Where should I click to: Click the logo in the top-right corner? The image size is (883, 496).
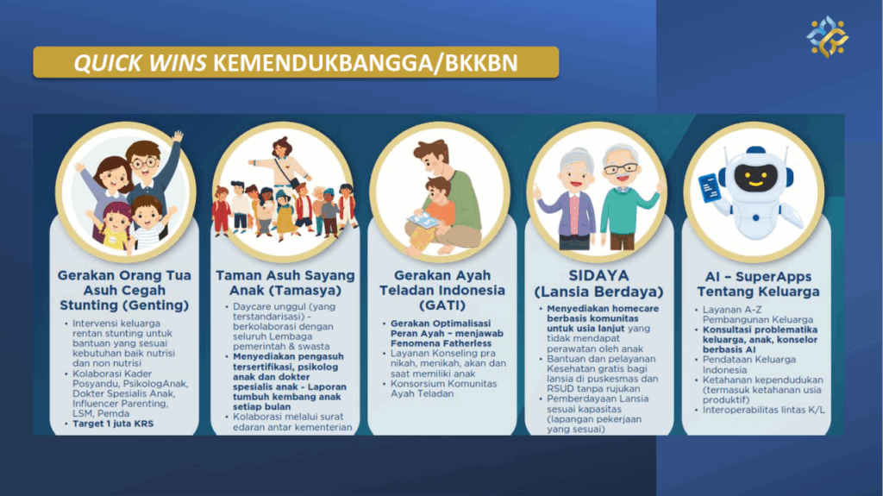pos(827,36)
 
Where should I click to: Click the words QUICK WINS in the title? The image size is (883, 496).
pos(141,63)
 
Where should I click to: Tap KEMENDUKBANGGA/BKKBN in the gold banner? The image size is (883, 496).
pos(366,63)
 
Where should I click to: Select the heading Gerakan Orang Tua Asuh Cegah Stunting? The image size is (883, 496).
pos(124,291)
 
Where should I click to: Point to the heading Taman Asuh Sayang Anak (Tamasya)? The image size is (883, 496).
pos(285,283)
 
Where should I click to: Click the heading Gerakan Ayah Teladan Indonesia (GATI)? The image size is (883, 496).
pos(442,291)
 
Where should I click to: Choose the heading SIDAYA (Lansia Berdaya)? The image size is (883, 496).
pos(598,284)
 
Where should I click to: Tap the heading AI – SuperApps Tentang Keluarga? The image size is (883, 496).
pos(758,284)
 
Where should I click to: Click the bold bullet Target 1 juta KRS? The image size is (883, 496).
pos(113,424)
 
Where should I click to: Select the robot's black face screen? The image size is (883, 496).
pos(755,177)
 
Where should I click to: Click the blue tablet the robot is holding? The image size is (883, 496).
pos(710,188)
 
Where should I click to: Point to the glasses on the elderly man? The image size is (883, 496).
pos(621,168)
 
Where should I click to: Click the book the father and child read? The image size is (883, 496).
pos(423,220)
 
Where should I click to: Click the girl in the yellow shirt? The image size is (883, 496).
pos(115,225)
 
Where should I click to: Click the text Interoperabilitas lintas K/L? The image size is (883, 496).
pos(763,410)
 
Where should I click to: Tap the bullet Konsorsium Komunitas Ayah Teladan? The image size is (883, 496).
pos(443,388)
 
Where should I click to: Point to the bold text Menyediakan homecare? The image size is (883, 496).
pos(603,308)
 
